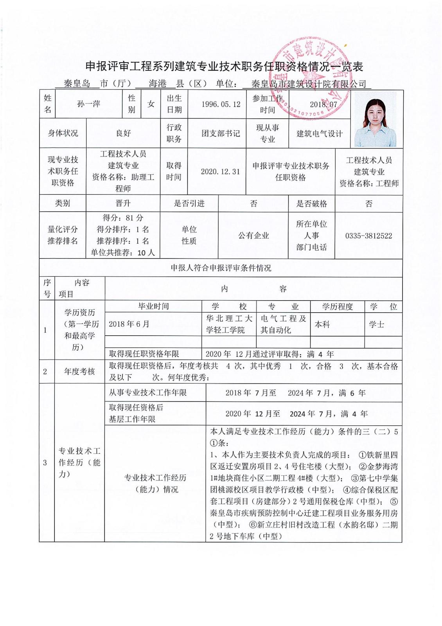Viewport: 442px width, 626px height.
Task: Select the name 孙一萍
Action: click(89, 104)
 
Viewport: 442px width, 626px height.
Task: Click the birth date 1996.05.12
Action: click(221, 104)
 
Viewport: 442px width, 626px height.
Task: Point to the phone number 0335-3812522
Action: click(368, 236)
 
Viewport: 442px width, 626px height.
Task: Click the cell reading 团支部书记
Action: click(221, 133)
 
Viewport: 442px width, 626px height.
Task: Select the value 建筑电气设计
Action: click(319, 134)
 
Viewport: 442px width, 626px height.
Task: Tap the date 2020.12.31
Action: click(220, 172)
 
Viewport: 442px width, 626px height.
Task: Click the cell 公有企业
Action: click(253, 236)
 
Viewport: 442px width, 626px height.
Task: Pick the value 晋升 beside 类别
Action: click(123, 203)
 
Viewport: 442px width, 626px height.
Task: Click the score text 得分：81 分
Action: click(123, 218)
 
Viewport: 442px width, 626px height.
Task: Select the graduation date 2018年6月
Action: click(129, 324)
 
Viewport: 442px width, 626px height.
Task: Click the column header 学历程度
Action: click(337, 307)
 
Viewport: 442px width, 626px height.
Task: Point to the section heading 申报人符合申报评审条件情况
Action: click(221, 268)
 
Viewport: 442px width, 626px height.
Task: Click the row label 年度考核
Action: click(79, 371)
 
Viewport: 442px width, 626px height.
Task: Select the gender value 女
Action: click(151, 104)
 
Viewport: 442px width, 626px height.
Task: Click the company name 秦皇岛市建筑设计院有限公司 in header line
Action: click(309, 84)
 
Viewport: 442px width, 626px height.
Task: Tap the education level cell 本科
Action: click(322, 324)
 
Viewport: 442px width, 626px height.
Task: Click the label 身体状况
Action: click(63, 133)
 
